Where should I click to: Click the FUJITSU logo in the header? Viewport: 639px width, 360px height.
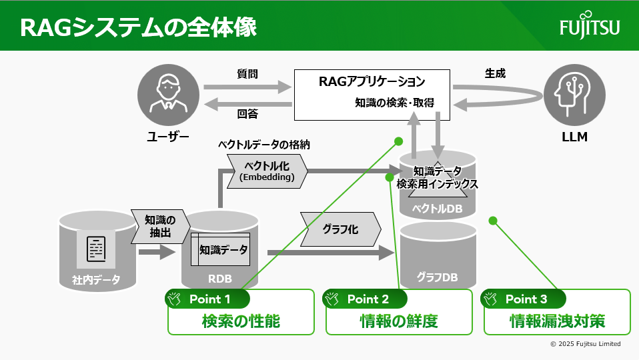(590, 27)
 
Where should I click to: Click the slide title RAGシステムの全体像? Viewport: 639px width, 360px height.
(138, 27)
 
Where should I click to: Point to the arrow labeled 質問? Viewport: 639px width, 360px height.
(247, 87)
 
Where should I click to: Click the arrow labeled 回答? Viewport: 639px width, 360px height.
(247, 103)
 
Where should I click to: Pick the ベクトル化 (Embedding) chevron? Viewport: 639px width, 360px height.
(267, 171)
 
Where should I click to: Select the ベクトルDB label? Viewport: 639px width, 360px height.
(437, 209)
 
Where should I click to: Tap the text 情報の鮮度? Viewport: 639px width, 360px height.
(398, 321)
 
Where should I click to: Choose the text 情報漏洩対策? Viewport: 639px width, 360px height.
(557, 321)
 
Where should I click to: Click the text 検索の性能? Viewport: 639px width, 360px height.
(240, 321)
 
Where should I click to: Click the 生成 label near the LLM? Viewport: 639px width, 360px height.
(495, 74)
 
